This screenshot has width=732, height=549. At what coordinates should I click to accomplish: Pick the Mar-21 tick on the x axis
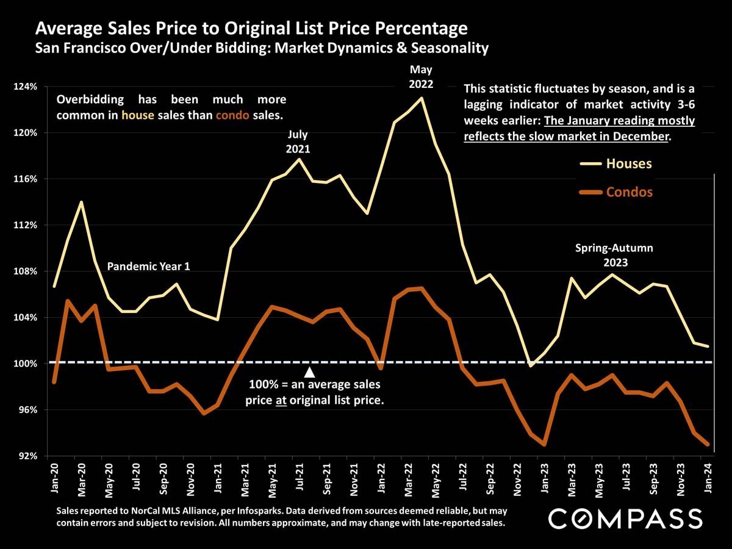click(245, 476)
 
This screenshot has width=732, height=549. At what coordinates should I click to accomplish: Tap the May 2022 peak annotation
click(422, 77)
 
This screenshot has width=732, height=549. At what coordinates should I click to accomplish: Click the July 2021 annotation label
click(298, 141)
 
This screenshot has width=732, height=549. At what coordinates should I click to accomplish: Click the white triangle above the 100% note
click(309, 371)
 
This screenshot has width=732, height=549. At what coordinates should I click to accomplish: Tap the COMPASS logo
click(625, 518)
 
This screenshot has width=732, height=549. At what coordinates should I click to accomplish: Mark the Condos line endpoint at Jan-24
click(708, 445)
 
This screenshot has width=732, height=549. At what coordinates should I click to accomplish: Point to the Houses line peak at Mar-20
click(81, 202)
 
